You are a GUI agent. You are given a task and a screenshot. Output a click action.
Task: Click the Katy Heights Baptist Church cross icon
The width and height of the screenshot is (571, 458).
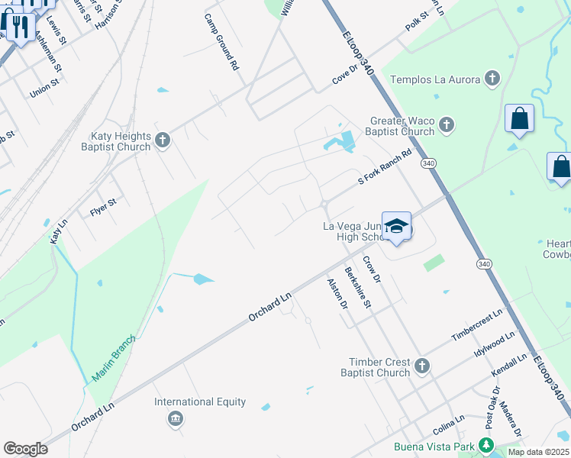(162, 140)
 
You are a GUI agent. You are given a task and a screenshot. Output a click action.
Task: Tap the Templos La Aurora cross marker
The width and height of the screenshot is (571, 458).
(492, 78)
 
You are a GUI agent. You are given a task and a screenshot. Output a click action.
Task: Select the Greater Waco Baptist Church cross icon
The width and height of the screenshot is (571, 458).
(447, 124)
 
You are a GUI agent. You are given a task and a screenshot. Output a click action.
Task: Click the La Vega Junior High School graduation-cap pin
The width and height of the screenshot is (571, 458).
(396, 226)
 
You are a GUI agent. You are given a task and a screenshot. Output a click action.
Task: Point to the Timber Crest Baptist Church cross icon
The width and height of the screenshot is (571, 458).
(422, 367)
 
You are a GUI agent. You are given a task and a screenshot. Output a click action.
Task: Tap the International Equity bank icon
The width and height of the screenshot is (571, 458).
(176, 418)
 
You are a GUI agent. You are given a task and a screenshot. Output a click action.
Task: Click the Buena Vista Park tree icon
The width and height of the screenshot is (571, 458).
(486, 447)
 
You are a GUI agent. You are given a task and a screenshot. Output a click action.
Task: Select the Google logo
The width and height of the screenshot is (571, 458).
(25, 449)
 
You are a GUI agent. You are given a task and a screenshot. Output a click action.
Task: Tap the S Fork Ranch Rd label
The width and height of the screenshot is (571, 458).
(386, 168)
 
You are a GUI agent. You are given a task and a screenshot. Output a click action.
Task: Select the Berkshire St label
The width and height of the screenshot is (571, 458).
(357, 287)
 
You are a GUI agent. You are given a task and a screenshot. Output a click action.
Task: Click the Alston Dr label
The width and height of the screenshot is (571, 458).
(337, 293)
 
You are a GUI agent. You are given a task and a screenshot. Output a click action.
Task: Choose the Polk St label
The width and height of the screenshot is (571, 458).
(418, 21)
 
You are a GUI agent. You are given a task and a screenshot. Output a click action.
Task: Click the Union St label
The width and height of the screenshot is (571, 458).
(44, 89)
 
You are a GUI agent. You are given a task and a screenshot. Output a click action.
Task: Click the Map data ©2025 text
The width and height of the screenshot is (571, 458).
(537, 452)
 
